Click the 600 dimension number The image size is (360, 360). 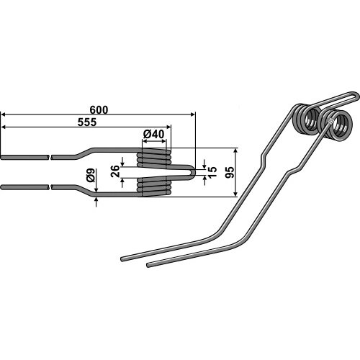pyautogui.click(x=99, y=110)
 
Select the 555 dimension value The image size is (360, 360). pyautogui.click(x=87, y=122)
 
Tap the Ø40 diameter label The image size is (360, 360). pyautogui.click(x=153, y=134)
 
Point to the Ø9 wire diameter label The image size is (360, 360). pyautogui.click(x=91, y=175)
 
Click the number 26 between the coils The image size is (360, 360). pyautogui.click(x=115, y=171)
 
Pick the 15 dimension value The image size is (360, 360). pyautogui.click(x=212, y=172)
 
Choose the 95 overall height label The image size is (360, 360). pyautogui.click(x=230, y=172)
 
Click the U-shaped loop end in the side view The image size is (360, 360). pyautogui.click(x=193, y=172)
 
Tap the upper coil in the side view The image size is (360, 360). pyautogui.click(x=154, y=158)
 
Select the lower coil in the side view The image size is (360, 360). pyautogui.click(x=154, y=186)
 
